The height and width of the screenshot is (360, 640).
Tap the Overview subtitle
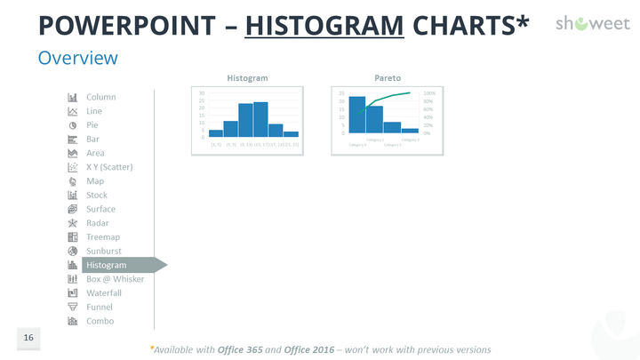coord(77,59)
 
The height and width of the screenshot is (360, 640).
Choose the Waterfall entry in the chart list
coord(103,292)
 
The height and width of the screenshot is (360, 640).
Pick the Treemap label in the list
coord(103,237)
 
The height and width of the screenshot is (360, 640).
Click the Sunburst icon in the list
coord(73,251)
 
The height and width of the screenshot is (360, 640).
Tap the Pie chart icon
coord(73,125)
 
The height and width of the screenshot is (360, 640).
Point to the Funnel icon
coord(73,307)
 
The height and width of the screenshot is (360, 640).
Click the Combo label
coord(100,321)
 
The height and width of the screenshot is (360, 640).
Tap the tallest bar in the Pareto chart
coord(356,115)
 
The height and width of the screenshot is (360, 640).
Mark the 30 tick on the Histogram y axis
coord(202,93)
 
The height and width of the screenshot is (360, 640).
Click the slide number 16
coord(28,339)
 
